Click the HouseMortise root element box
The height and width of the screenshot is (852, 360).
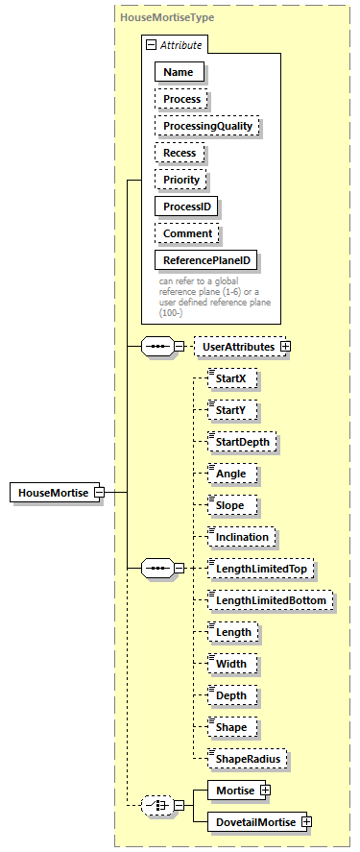(x=50, y=493)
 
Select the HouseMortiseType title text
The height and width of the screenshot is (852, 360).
(x=167, y=17)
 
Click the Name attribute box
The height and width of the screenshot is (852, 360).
(x=178, y=72)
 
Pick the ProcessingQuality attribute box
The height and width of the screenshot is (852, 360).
(x=206, y=126)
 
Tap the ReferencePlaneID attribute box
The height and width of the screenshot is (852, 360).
(x=206, y=260)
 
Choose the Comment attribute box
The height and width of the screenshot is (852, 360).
(x=187, y=233)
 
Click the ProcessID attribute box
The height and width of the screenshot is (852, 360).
(x=186, y=207)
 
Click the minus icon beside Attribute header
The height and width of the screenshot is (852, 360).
(x=151, y=44)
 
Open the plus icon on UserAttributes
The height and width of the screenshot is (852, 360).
(x=285, y=345)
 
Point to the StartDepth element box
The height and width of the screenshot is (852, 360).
(x=246, y=442)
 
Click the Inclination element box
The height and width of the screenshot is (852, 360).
(x=242, y=537)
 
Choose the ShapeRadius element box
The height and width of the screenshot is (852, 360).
(x=248, y=759)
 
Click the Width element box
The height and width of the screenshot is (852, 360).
(x=230, y=664)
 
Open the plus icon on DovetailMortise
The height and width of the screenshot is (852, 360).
(x=306, y=821)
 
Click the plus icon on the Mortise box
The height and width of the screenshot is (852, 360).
(x=265, y=791)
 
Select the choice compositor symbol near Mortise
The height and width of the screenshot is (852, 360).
(x=156, y=805)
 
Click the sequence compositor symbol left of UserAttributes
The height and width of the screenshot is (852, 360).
(x=156, y=345)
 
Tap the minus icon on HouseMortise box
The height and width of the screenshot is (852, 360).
(x=99, y=493)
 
